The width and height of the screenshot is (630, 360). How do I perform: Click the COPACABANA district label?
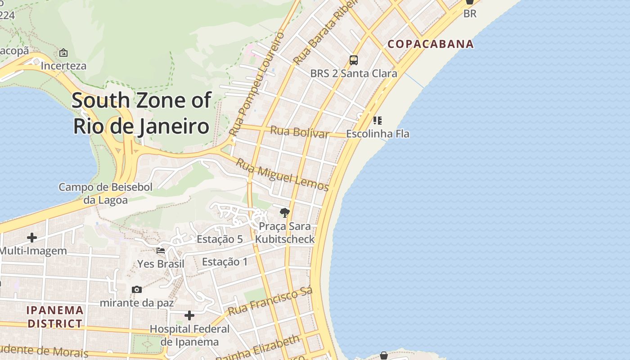(x=431, y=44)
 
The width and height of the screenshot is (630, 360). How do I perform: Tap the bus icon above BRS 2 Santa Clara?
(x=354, y=60)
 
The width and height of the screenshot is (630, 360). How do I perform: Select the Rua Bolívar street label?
(x=299, y=132)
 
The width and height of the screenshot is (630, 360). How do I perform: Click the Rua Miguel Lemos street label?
(x=283, y=175)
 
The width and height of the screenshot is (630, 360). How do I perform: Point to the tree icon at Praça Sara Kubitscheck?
(x=284, y=213)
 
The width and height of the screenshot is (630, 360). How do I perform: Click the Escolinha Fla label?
(x=378, y=134)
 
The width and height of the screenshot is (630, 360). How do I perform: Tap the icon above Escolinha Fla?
(x=378, y=121)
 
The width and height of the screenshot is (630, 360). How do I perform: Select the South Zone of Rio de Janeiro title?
(x=141, y=113)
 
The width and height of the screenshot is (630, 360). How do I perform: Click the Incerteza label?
(x=63, y=66)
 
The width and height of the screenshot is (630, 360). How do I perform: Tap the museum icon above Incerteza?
(x=63, y=53)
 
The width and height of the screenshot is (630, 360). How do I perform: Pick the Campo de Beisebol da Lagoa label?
(x=106, y=193)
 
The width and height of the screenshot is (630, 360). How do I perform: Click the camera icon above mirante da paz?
(x=137, y=289)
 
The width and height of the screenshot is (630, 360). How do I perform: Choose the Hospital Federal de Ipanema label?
(x=189, y=335)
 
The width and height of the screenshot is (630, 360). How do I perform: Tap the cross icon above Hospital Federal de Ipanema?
(x=189, y=315)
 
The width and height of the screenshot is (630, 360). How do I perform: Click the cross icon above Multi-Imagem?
(x=32, y=237)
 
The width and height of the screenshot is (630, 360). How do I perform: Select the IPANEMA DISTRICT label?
(x=55, y=317)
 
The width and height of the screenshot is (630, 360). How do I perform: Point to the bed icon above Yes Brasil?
(x=161, y=251)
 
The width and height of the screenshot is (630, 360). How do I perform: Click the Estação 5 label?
(x=220, y=239)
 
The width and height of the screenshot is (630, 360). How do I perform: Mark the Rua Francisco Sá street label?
(x=270, y=301)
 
